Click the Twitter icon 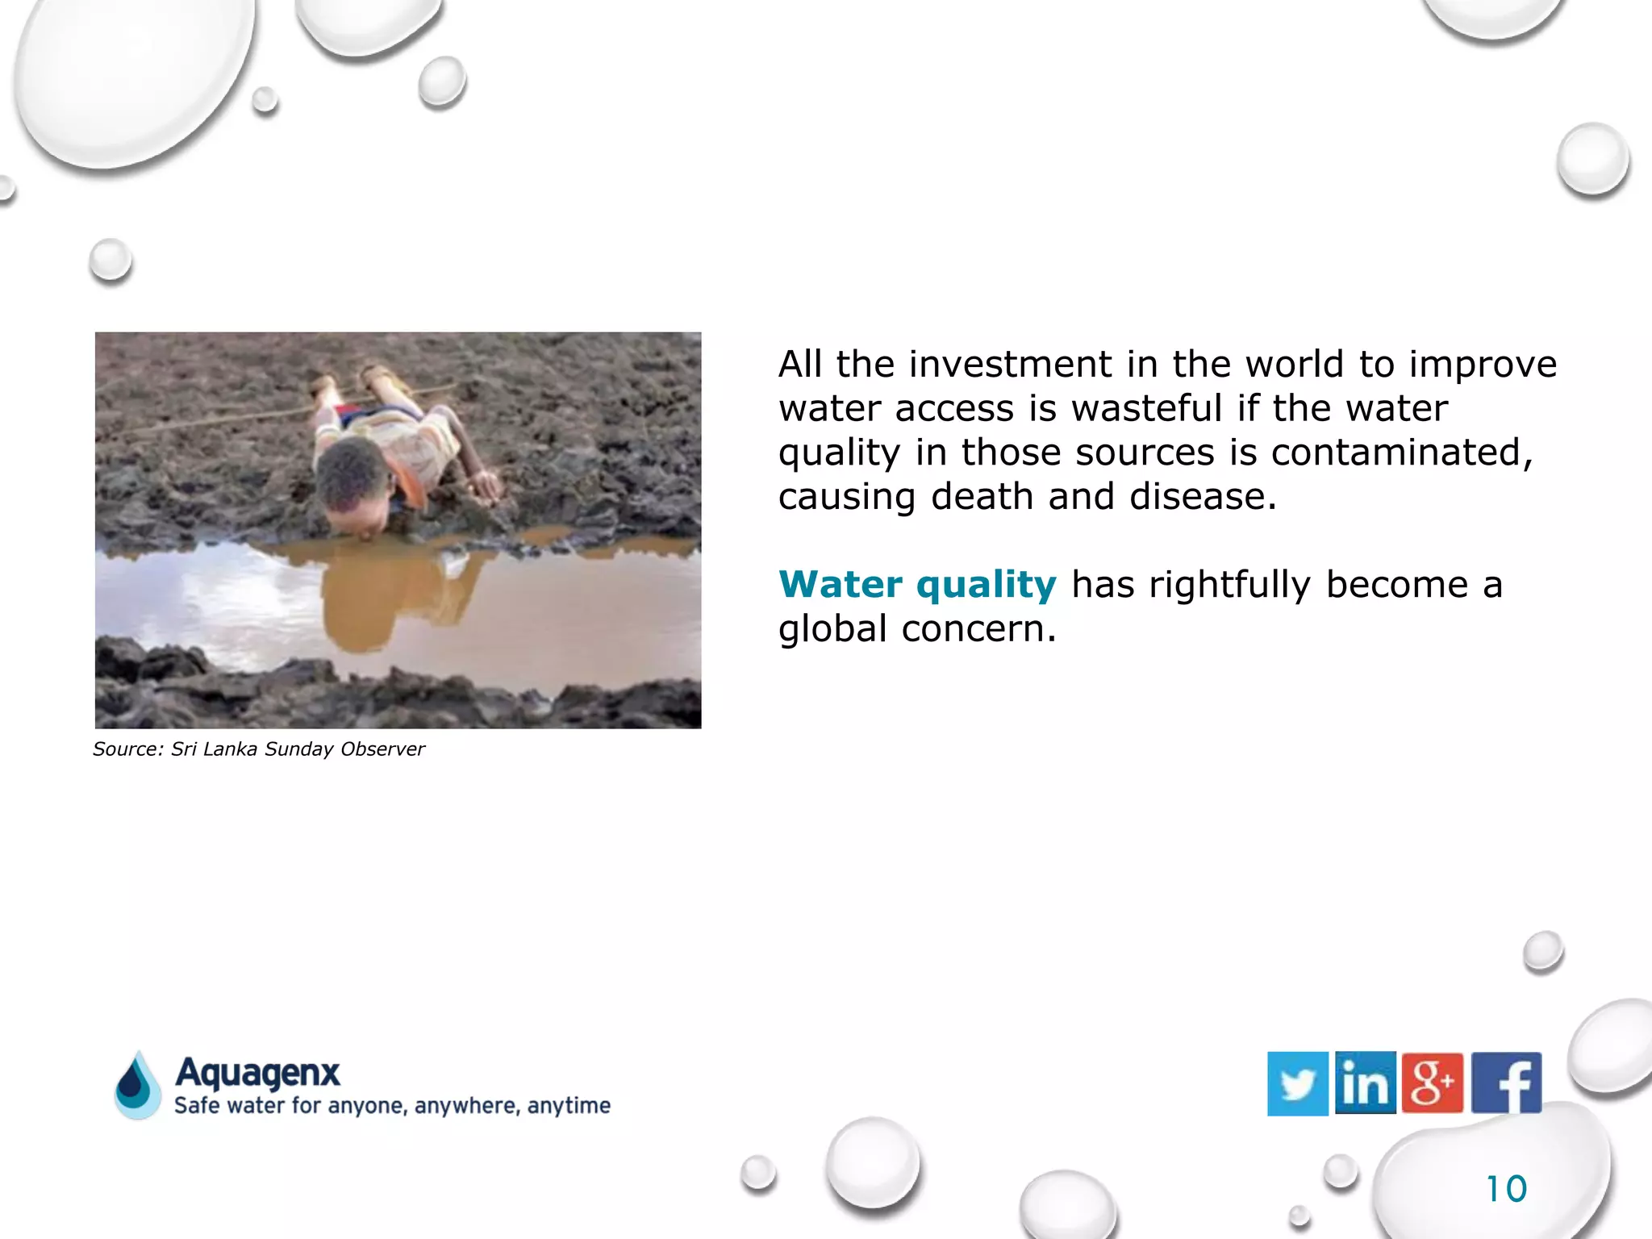tap(1297, 1083)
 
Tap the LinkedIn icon tap(1365, 1083)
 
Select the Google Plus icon tap(1433, 1083)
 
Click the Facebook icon tap(1506, 1083)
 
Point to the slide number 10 tap(1506, 1189)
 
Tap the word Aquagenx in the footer tap(258, 1073)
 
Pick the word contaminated tap(1402, 453)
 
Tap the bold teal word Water tap(841, 585)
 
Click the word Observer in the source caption tap(382, 749)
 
